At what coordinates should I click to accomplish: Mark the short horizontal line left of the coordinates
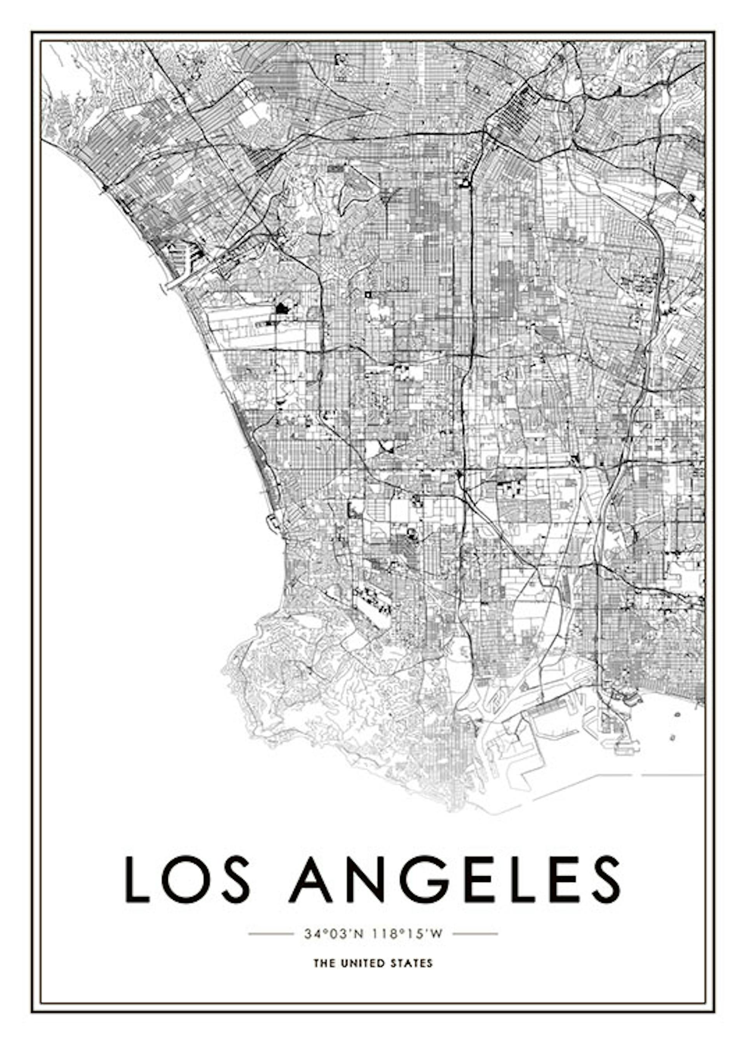[270, 934]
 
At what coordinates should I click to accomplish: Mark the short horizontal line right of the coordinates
[475, 934]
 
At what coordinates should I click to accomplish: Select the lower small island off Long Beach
[673, 737]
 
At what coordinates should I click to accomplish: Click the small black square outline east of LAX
[368, 293]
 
